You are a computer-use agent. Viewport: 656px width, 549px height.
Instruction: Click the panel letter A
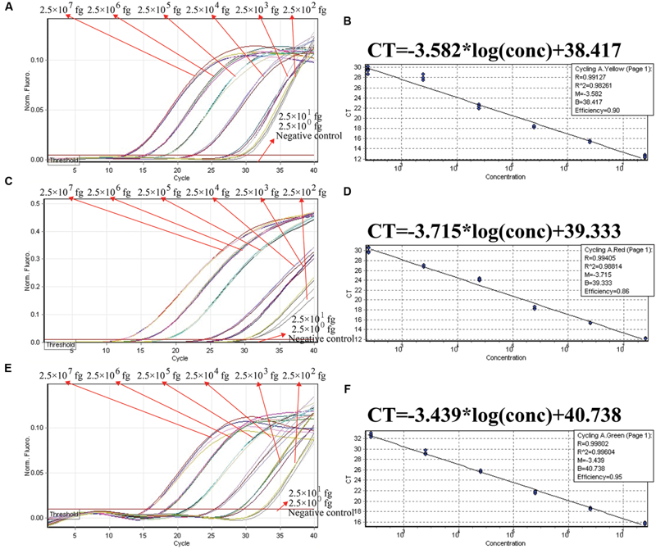tap(7, 6)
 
